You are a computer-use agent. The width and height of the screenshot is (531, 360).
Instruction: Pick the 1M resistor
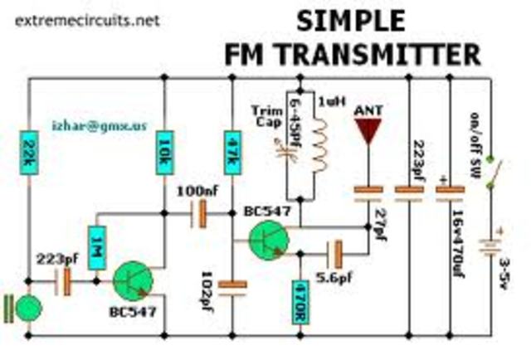(97, 246)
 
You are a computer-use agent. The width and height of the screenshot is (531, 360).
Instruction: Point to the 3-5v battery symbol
(495, 247)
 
